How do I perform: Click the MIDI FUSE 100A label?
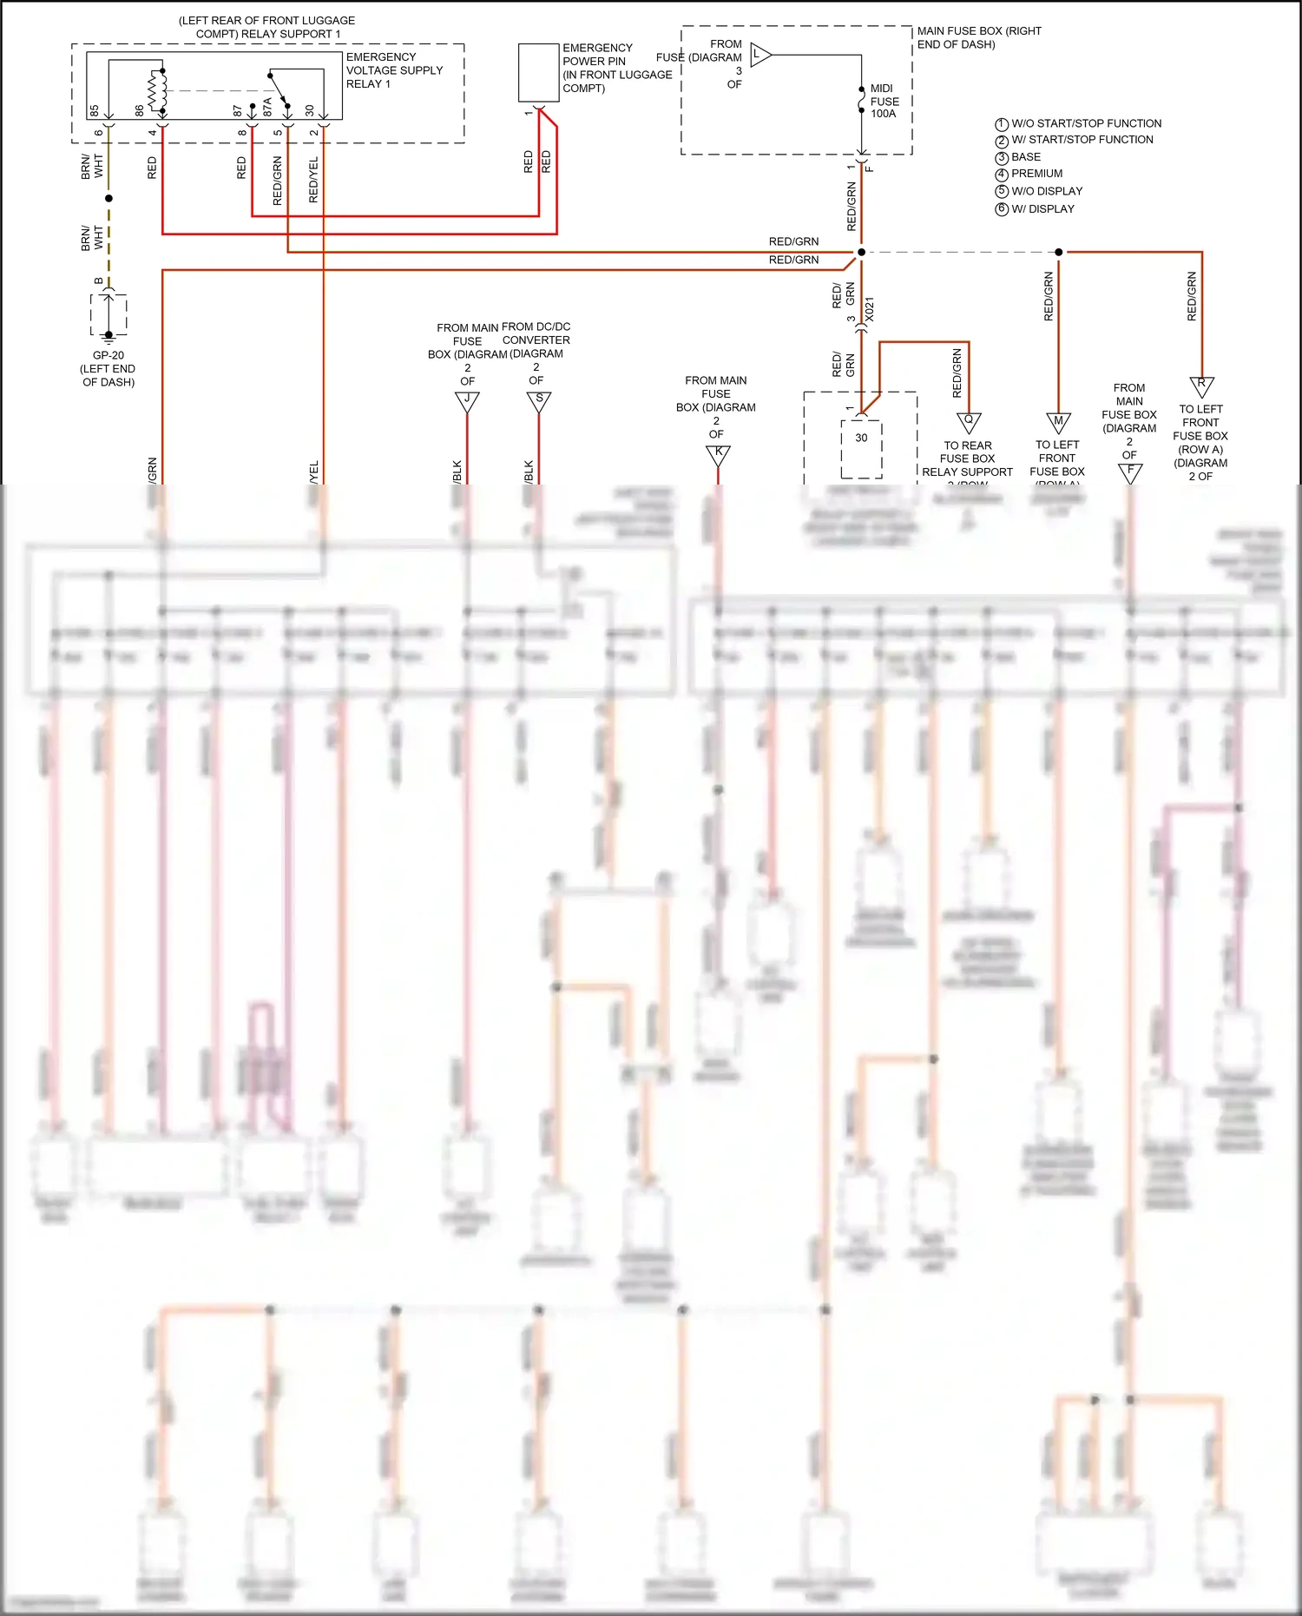click(884, 101)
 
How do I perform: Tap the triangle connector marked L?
click(759, 55)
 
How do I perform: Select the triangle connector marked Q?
click(969, 421)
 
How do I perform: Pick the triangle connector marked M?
click(1058, 421)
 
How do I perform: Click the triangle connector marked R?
click(1201, 385)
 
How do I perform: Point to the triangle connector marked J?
click(467, 400)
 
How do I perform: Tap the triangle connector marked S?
click(539, 400)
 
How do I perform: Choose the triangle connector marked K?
click(718, 453)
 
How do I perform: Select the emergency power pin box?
click(538, 73)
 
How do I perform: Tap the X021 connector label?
click(870, 310)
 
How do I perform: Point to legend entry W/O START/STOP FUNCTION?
click(1085, 123)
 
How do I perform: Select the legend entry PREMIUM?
click(1036, 174)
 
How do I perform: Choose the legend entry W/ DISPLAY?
click(1042, 209)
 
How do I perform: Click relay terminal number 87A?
click(268, 106)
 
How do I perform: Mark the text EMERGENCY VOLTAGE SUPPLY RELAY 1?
click(394, 70)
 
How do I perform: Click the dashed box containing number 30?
click(861, 448)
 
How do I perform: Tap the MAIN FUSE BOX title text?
click(978, 37)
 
